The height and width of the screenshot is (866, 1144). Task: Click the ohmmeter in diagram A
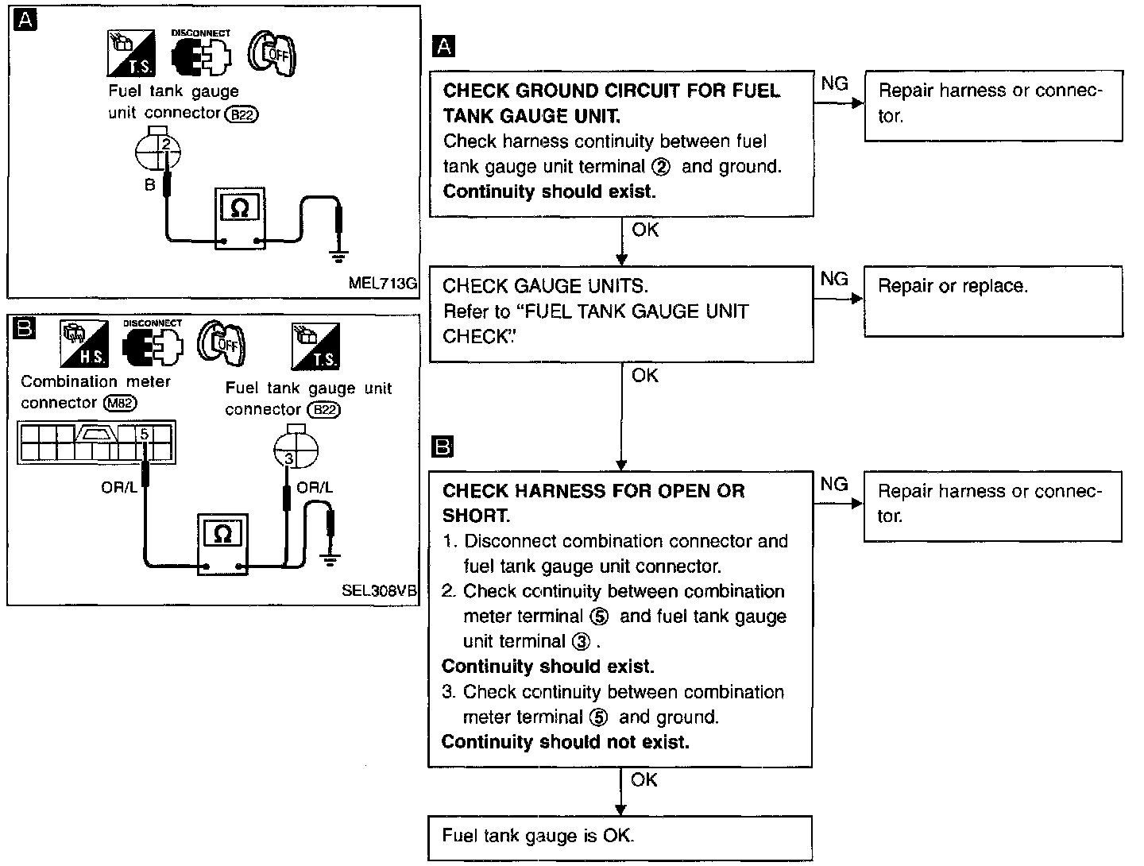click(240, 218)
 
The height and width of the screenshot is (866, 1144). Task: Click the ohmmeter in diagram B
click(222, 544)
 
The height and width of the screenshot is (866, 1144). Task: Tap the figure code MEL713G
click(383, 283)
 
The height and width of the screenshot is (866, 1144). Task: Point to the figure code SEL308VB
click(379, 590)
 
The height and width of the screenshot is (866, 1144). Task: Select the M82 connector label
click(121, 403)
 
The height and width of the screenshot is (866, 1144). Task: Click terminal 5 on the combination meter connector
click(145, 434)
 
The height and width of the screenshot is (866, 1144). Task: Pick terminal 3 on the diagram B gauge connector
click(288, 458)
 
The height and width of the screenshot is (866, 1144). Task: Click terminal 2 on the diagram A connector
click(166, 144)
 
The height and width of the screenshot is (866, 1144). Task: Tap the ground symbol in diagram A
click(338, 255)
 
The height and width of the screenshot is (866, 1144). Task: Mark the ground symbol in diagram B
click(330, 560)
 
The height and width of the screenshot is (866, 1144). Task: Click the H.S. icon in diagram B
click(84, 343)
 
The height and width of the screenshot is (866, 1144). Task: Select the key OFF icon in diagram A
click(272, 53)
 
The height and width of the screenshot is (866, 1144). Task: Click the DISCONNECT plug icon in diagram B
click(153, 346)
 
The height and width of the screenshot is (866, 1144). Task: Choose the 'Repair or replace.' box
click(993, 301)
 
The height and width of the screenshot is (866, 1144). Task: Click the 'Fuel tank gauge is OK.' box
click(620, 838)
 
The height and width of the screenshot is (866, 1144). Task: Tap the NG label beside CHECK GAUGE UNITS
click(834, 279)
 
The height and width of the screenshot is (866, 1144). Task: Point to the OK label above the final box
click(643, 779)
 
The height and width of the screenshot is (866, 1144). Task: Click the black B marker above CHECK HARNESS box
click(443, 447)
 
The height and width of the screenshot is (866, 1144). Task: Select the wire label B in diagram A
click(149, 184)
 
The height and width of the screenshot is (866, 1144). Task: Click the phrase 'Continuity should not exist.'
click(565, 741)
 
